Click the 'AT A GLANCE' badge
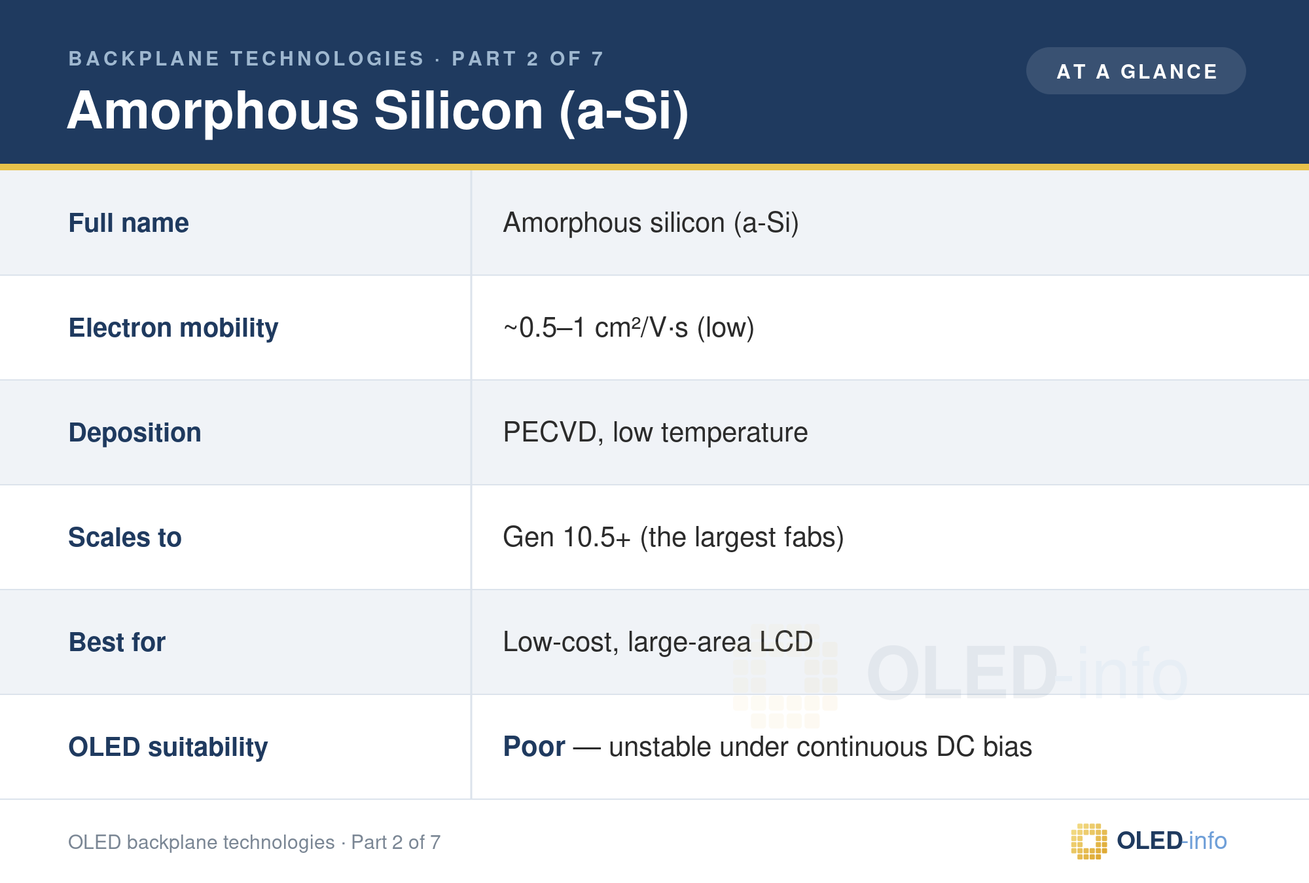[1136, 71]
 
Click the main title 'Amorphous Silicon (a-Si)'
[378, 111]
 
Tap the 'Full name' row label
[128, 223]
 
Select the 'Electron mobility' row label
[173, 328]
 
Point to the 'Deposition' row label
[135, 433]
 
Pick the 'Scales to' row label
[125, 537]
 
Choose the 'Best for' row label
[117, 642]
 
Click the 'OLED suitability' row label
[168, 747]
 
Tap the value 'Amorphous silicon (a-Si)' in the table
[651, 223]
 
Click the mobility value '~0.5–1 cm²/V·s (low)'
[628, 328]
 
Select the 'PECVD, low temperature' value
[655, 433]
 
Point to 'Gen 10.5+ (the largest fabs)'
[673, 538]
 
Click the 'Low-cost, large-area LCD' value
[658, 642]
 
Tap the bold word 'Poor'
[534, 747]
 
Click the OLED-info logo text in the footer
[1172, 840]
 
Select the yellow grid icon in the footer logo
[1089, 841]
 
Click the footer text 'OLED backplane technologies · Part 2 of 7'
[255, 842]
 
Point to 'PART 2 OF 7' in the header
[528, 59]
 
